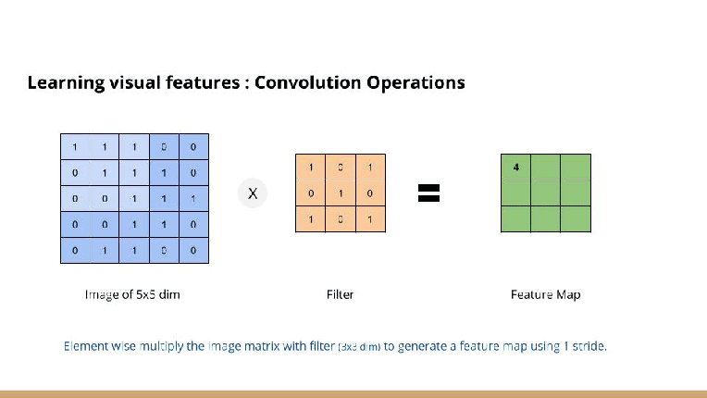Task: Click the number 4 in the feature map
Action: [x=515, y=168]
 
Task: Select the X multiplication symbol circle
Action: [x=252, y=193]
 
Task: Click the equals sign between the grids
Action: [x=428, y=193]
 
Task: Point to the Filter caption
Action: [x=340, y=294]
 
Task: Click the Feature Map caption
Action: [x=545, y=294]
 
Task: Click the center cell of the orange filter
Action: [x=341, y=193]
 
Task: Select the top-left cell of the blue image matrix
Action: [x=74, y=146]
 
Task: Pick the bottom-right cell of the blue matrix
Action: [x=193, y=250]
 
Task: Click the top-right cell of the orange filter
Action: [x=370, y=168]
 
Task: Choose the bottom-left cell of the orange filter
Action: [x=311, y=219]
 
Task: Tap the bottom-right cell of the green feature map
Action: [x=576, y=218]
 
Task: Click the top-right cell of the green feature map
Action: [x=576, y=167]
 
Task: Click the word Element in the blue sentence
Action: [x=86, y=346]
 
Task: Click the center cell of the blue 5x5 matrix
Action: [x=134, y=198]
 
